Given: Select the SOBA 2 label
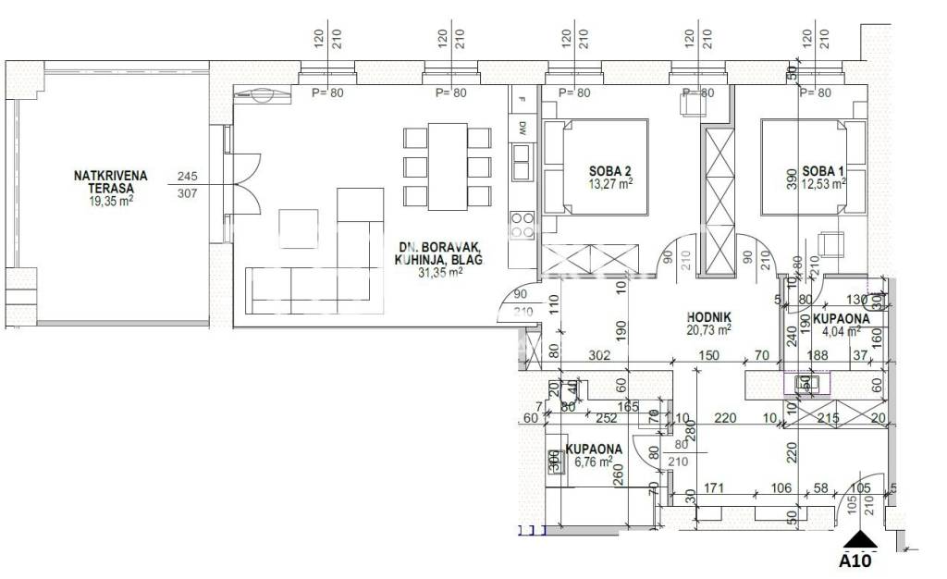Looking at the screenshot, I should [609, 170].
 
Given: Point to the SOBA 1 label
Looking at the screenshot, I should [823, 170].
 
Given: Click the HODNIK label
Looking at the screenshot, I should [708, 315].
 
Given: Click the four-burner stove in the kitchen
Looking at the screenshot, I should [522, 225].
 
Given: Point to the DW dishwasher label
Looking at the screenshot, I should [522, 127].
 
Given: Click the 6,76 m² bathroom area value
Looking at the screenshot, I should [594, 462].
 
